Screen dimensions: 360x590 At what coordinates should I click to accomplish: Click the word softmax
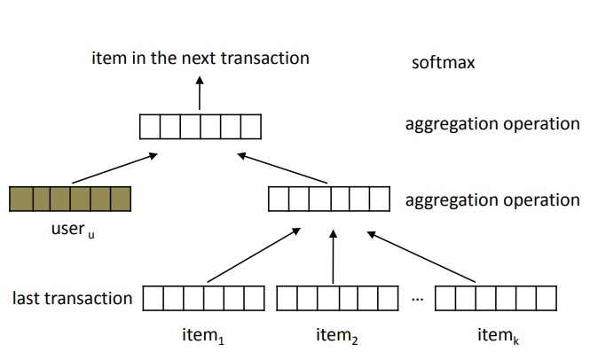pos(443,63)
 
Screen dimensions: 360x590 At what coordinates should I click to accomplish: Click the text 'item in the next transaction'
pos(200,58)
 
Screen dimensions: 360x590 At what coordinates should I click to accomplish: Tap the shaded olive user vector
pos(69,198)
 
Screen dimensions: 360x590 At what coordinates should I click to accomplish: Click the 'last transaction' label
pos(72,298)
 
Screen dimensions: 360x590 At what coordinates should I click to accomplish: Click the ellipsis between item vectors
pos(418,299)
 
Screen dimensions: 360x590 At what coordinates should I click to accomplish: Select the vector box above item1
pos(203,298)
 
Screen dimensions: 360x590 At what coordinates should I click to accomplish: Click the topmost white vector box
pos(201,127)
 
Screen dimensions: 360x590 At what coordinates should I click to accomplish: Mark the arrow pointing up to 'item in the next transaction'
pos(200,92)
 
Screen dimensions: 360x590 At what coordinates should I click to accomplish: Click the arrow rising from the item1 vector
pos(253,258)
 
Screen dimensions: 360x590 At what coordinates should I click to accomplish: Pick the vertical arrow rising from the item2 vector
pos(334,257)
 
